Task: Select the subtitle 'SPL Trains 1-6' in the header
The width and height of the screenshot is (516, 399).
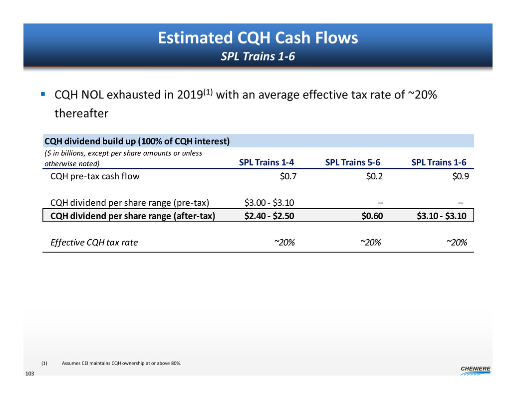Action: click(258, 56)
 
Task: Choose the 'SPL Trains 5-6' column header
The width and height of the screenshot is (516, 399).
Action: click(353, 162)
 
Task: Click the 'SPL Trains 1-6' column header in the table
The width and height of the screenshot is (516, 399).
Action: click(439, 162)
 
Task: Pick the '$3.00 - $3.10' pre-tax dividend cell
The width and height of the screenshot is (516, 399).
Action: click(269, 202)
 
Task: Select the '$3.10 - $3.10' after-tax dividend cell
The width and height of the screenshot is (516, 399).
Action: click(442, 215)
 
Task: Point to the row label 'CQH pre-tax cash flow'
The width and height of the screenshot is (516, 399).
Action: click(95, 176)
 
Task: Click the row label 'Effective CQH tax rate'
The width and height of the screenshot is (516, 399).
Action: click(94, 243)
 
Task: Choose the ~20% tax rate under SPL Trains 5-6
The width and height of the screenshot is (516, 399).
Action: click(371, 243)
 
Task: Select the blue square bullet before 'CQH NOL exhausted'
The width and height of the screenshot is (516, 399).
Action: click(43, 94)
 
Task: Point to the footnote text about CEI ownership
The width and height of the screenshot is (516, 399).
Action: click(121, 363)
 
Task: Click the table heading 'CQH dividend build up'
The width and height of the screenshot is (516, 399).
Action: click(137, 141)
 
